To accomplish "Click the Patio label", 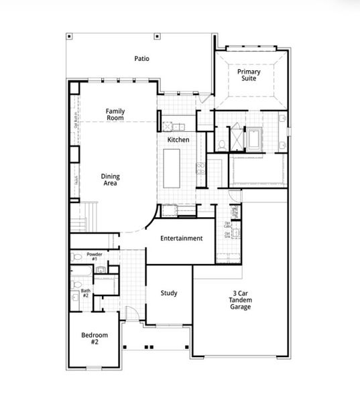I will pyautogui.click(x=141, y=59).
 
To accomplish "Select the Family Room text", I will pyautogui.click(x=115, y=114).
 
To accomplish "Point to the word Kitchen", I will pyautogui.click(x=178, y=140).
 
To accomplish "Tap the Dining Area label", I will pyautogui.click(x=111, y=180).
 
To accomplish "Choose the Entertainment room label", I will pyautogui.click(x=181, y=239).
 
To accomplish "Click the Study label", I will pyautogui.click(x=169, y=293).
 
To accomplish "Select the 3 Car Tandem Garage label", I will pyautogui.click(x=241, y=300).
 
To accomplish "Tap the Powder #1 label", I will pyautogui.click(x=95, y=257).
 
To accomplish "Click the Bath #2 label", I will pyautogui.click(x=86, y=293).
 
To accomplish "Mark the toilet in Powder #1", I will pyautogui.click(x=77, y=257).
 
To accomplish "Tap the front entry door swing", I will pyautogui.click(x=133, y=313).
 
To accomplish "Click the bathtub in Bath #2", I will pyautogui.click(x=107, y=285).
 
